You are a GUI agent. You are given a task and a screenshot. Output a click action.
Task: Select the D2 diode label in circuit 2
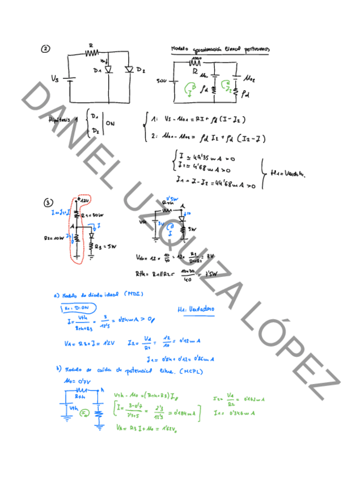(141, 70)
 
